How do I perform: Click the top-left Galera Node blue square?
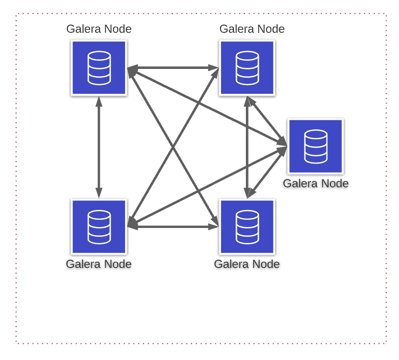coord(99,68)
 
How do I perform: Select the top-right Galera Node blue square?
coord(247,68)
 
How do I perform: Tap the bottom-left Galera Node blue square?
coord(99,227)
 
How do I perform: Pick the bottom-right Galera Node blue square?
coord(247,227)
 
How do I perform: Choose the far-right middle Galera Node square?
coord(316,146)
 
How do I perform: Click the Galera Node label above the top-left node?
coord(99,29)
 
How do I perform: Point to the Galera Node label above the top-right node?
coord(252,29)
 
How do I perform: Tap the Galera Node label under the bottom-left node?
coord(99,264)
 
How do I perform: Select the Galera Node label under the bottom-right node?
coord(247,264)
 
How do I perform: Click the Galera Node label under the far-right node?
coord(316,183)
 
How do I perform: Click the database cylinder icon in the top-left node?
coord(99,68)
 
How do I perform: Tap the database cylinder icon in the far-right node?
coord(316,146)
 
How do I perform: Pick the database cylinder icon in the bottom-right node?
coord(247,227)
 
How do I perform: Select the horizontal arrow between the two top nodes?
coord(173,68)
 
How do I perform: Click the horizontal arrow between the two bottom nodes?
coord(173,227)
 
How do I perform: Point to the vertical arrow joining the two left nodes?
coord(99,147)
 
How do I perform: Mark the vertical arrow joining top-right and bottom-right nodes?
coord(247,147)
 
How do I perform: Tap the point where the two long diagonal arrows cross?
coord(173,147)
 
